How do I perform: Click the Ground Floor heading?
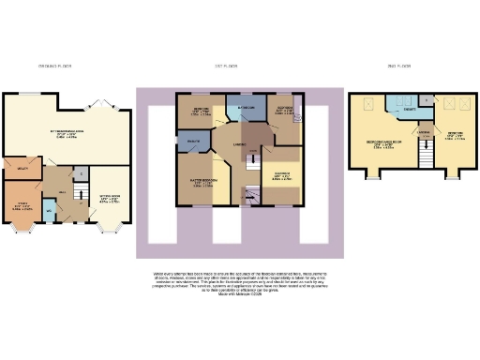pyautogui.click(x=54, y=67)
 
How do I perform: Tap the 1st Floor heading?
pyautogui.click(x=225, y=67)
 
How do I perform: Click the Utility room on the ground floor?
pyautogui.click(x=20, y=170)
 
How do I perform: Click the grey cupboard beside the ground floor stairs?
pyautogui.click(x=81, y=173)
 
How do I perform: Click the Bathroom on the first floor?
pyautogui.click(x=245, y=109)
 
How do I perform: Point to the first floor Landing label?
pyautogui.click(x=240, y=142)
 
